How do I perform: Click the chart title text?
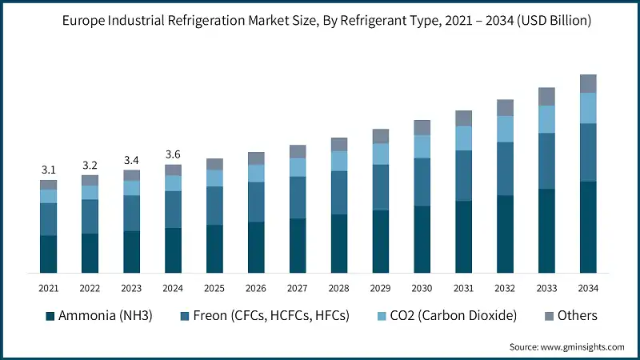coord(320,22)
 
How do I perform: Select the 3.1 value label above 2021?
coord(49,170)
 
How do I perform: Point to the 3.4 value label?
coord(132,160)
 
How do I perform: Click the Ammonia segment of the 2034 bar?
coord(589,227)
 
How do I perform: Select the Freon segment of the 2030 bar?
coord(422,182)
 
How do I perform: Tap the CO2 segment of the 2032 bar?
coord(506,129)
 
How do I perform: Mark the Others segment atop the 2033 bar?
coord(547,97)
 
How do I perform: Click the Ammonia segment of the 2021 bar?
coord(49,254)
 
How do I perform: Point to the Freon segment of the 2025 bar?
coord(214,206)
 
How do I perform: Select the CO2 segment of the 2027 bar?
coord(298,166)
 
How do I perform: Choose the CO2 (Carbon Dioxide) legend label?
coord(449,315)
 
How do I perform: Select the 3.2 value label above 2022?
coord(90,165)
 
